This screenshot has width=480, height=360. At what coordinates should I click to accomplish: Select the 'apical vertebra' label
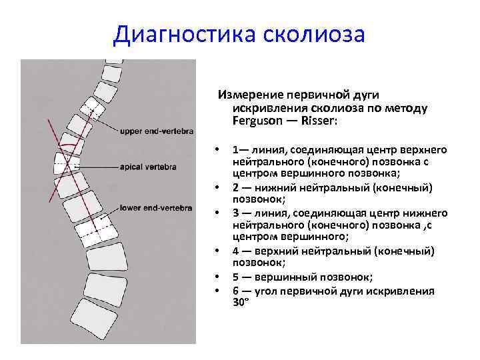149,167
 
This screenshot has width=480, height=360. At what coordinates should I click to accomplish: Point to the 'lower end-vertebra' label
157,208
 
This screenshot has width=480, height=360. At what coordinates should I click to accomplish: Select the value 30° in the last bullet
241,302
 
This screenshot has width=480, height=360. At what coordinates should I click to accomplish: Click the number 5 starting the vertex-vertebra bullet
236,277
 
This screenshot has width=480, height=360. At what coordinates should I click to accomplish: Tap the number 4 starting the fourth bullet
236,251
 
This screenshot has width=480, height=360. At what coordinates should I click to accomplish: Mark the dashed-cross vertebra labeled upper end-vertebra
90,115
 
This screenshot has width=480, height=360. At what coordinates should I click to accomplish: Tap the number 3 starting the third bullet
236,213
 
